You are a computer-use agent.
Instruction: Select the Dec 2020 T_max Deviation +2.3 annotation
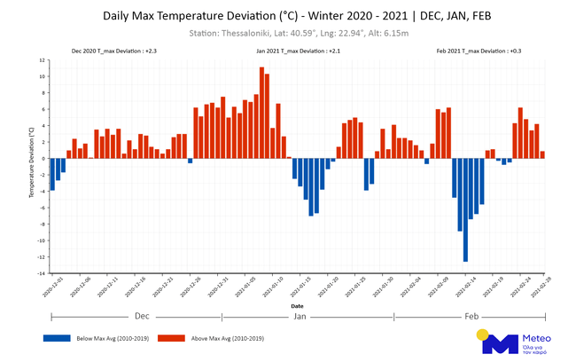coord(114,51)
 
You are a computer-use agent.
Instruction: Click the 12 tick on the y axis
coord(42,59)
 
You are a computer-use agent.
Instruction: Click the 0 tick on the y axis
coord(43,159)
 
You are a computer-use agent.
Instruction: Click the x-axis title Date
coord(297,305)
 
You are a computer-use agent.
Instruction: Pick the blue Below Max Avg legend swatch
coord(56,337)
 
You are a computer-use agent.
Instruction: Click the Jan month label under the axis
coord(300,317)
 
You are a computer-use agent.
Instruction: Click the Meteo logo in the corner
coord(515,341)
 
